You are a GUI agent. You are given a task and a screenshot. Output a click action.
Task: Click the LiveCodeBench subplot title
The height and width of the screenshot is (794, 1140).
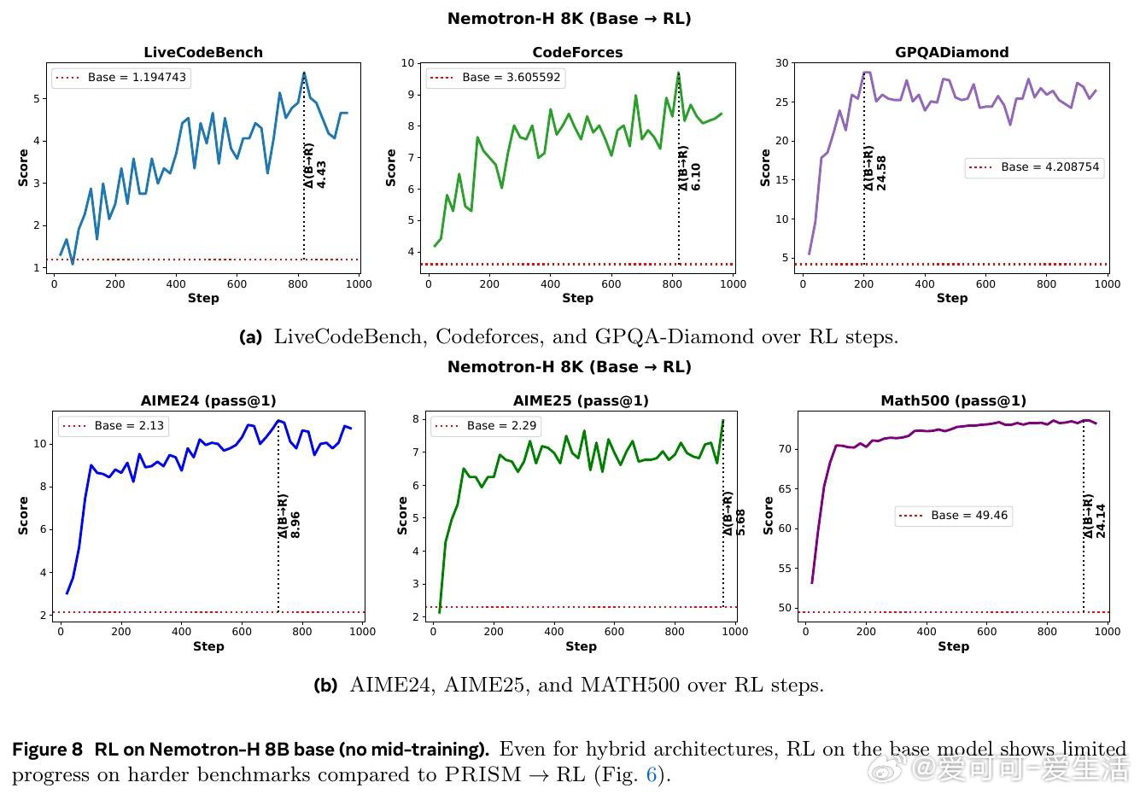[202, 52]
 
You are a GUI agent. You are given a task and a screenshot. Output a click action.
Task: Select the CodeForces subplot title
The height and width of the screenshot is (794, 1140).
[577, 52]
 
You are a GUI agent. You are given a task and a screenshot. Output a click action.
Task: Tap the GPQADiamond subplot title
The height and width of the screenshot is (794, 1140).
[951, 52]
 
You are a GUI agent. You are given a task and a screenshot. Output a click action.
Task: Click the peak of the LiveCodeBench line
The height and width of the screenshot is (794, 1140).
[304, 73]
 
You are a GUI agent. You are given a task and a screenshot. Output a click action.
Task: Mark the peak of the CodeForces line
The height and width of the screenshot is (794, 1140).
[679, 73]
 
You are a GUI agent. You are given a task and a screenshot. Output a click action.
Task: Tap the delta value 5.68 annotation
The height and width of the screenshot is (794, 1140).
[740, 523]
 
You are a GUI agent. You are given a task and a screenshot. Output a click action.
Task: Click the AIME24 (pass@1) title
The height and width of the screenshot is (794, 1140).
[208, 400]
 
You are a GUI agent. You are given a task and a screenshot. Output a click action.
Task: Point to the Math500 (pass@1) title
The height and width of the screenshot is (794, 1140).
[953, 400]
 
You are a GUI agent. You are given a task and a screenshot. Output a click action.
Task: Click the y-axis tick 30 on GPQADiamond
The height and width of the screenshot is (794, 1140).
[781, 63]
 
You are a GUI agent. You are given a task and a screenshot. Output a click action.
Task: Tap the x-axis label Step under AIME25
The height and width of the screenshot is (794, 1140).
[581, 646]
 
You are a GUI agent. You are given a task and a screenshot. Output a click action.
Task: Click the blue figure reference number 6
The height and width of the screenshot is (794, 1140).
[651, 775]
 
